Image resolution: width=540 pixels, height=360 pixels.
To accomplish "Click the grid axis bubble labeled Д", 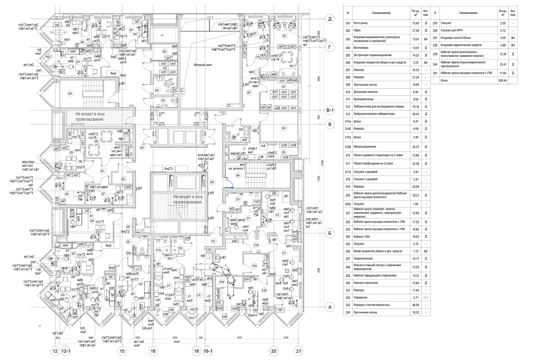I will point(329,19).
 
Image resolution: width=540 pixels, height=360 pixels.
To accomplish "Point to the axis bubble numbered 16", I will point(153,351).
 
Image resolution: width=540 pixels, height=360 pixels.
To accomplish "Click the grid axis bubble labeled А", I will point(328,307).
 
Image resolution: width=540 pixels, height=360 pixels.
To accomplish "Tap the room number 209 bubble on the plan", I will point(238,175).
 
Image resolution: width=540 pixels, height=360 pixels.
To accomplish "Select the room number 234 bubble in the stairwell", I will point(70,93).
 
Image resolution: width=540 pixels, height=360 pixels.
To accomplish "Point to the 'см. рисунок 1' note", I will point(236,168).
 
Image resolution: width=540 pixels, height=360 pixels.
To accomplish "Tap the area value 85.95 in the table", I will point(415,305).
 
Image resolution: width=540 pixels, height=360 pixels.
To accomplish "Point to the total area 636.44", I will point(502,81).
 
